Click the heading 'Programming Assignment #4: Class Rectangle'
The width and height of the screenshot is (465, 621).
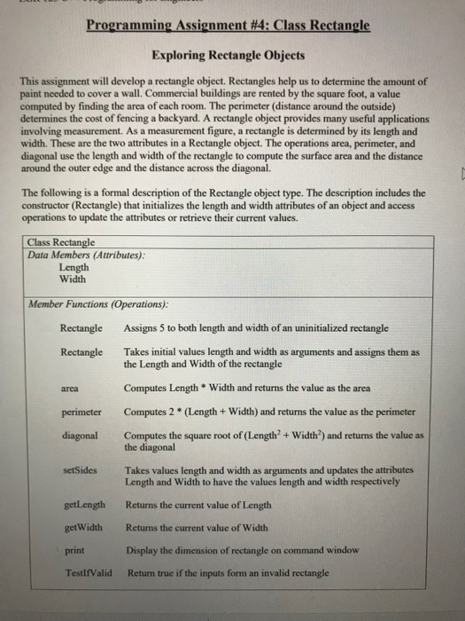(x=228, y=28)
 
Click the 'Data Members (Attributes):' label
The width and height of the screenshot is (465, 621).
(x=87, y=255)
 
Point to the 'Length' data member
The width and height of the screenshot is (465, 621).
(x=74, y=267)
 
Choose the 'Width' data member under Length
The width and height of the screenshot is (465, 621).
(x=73, y=279)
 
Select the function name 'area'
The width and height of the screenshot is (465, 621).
(x=71, y=388)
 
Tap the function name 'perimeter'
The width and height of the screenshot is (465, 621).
(x=81, y=412)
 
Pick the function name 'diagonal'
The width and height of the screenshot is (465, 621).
(x=80, y=436)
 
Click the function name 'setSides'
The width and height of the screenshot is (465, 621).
(x=79, y=470)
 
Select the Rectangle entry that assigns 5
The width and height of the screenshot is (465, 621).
(x=81, y=328)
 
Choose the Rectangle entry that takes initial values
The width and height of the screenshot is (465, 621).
(x=81, y=352)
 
